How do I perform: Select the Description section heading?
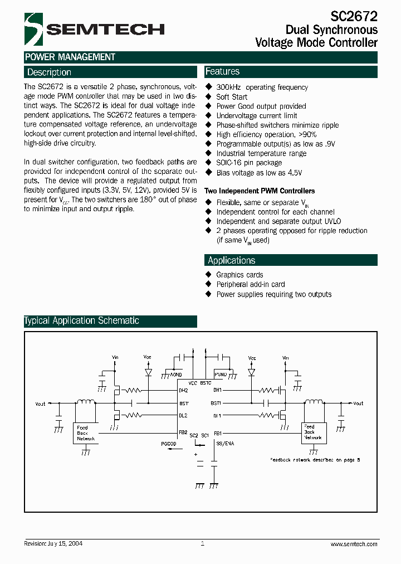point(49,72)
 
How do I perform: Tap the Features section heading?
point(222,71)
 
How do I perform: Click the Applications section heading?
point(231,260)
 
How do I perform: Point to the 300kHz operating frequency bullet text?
point(262,87)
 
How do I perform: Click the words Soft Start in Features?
point(232,97)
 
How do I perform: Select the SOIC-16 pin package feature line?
point(249,163)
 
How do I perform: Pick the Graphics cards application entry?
point(239,275)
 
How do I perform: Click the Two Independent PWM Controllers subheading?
point(260,191)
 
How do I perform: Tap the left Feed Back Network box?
point(86,433)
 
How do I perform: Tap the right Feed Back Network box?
point(312,432)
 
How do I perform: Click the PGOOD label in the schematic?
point(169,444)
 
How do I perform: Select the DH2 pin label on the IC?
point(183,390)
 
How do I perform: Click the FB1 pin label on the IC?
point(218,433)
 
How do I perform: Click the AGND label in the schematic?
point(177,375)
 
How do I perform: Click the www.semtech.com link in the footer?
point(354,544)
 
